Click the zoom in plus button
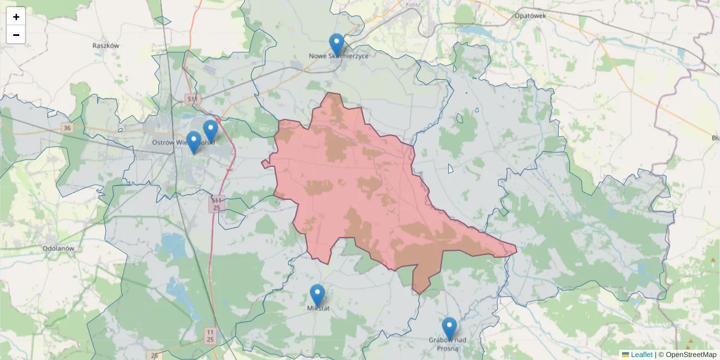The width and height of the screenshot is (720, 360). (x=16, y=16)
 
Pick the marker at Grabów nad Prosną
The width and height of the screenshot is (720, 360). (x=449, y=328)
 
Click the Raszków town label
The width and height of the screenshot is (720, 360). (x=107, y=46)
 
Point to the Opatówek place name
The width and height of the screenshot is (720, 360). (x=530, y=16)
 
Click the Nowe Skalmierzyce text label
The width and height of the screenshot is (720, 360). (x=338, y=56)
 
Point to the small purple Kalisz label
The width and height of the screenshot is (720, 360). (x=413, y=4)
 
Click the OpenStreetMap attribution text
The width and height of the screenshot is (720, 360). (x=691, y=355)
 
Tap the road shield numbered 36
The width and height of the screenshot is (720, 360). (x=67, y=128)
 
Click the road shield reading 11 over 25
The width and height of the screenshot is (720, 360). (x=210, y=335)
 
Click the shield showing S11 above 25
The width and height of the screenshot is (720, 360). (x=217, y=203)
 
